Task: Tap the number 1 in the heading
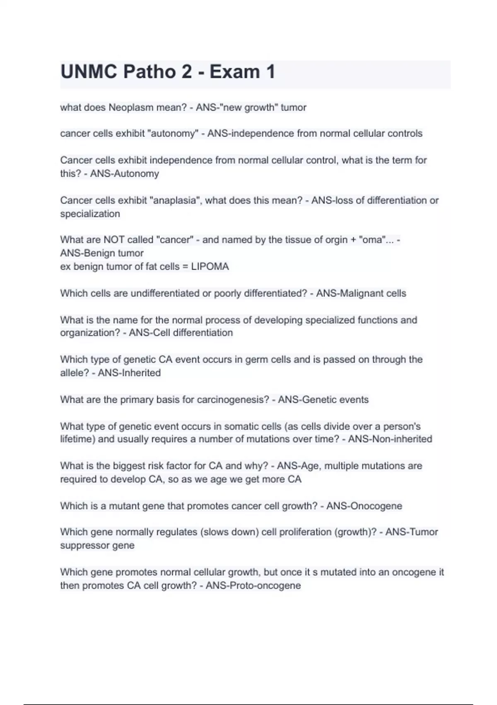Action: click(270, 72)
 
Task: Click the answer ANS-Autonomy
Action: click(124, 173)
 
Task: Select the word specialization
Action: click(90, 214)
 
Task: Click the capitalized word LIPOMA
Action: click(210, 266)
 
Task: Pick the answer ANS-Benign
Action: click(87, 253)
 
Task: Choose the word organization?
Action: click(90, 333)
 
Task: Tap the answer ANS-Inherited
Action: click(129, 372)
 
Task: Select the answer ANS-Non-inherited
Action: click(390, 439)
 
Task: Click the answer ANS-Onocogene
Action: click(364, 506)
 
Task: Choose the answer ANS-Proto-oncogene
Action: click(253, 586)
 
